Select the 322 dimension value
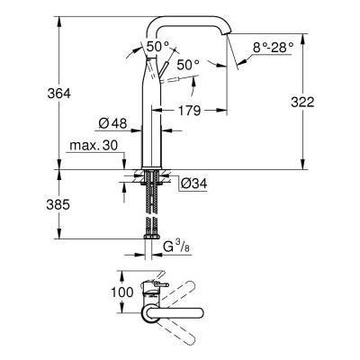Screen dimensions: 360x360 (302, 103)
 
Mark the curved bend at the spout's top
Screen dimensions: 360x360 (214, 21)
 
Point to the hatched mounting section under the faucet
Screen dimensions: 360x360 (149, 177)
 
